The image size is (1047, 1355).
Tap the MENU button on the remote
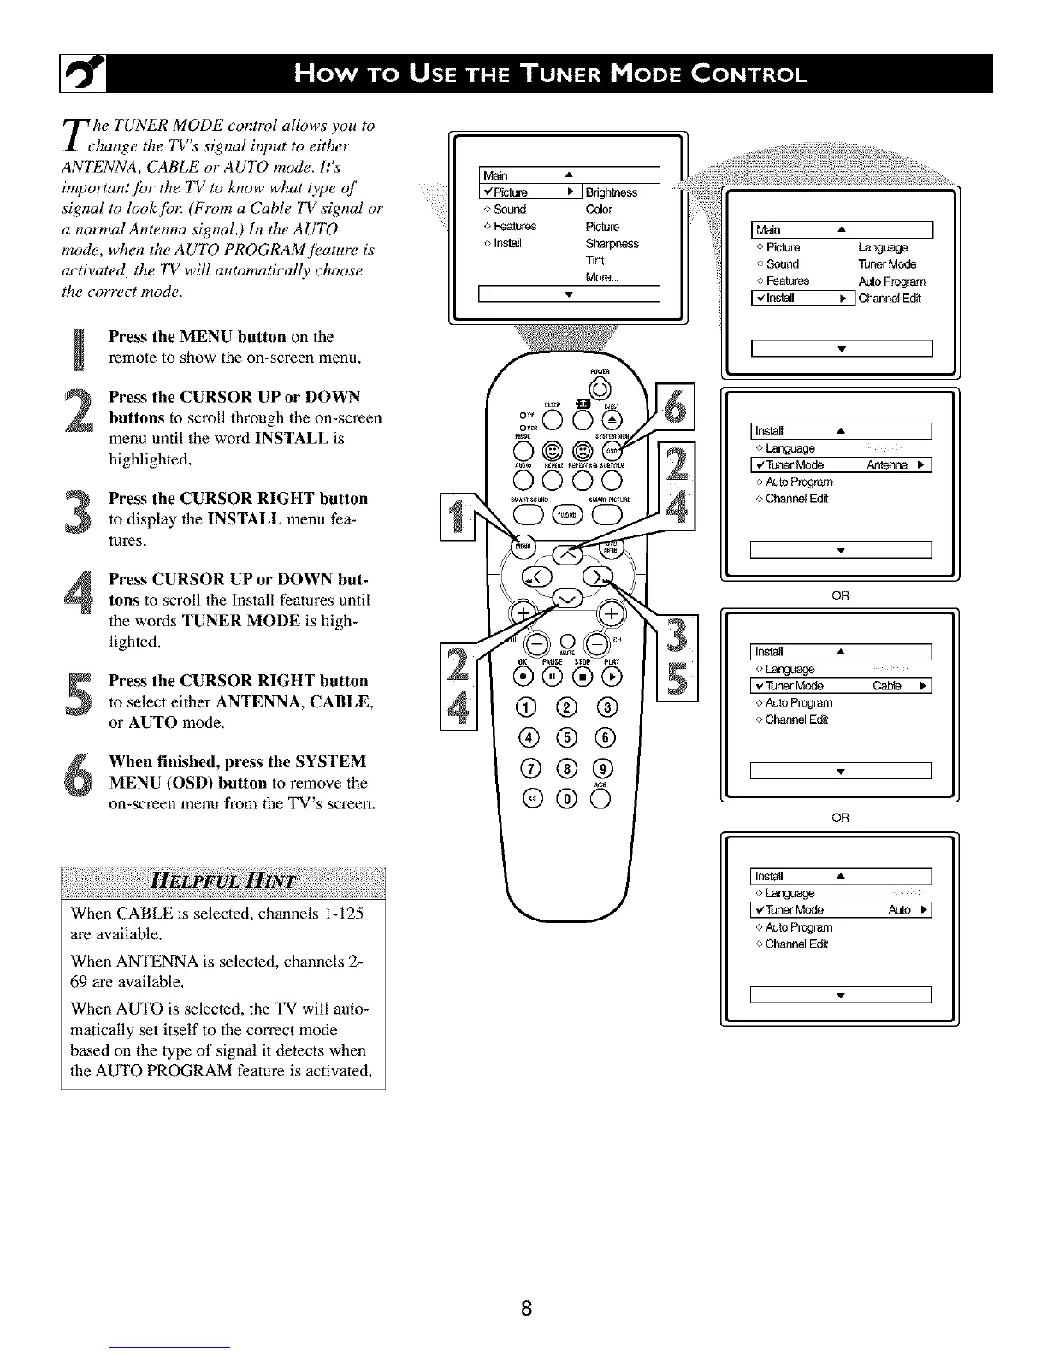[519, 546]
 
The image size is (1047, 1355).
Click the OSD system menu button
[610, 450]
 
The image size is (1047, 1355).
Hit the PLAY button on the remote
[611, 677]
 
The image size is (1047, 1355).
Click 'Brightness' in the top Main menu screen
[611, 192]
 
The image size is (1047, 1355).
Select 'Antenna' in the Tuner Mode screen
[885, 464]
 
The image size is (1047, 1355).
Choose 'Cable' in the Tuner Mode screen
[890, 686]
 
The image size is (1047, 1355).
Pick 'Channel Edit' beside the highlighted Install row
[890, 298]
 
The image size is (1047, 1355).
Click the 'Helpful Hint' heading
[222, 882]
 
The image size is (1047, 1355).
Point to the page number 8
[527, 1308]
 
